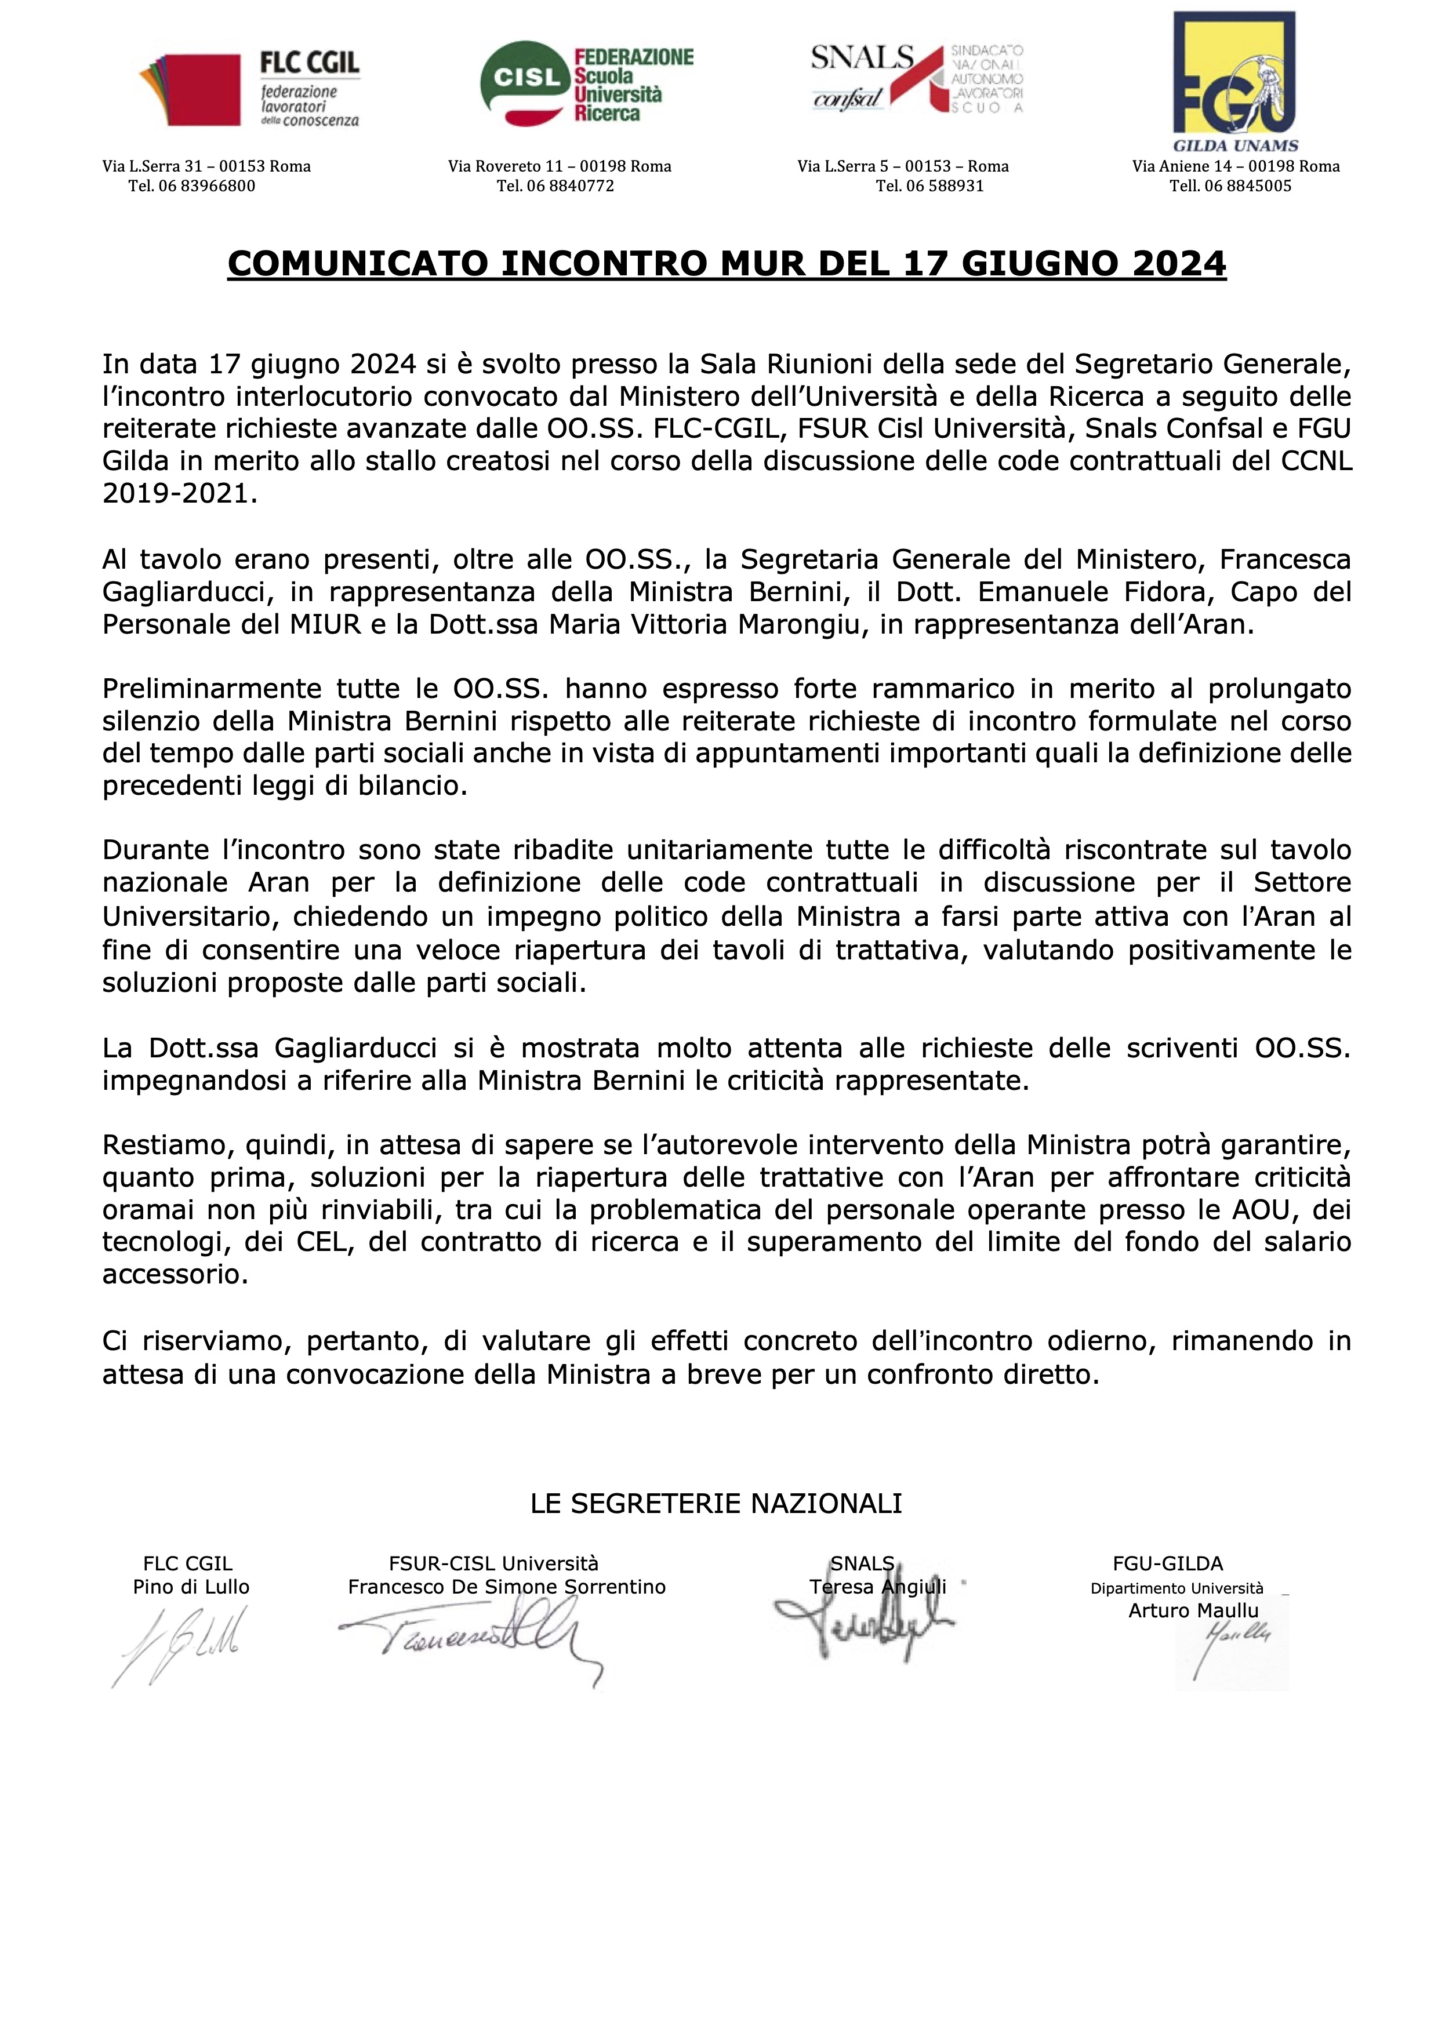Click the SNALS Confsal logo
click(x=917, y=79)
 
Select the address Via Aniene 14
click(x=1186, y=166)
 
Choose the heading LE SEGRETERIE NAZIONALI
click(x=716, y=1503)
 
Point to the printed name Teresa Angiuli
click(x=877, y=1587)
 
